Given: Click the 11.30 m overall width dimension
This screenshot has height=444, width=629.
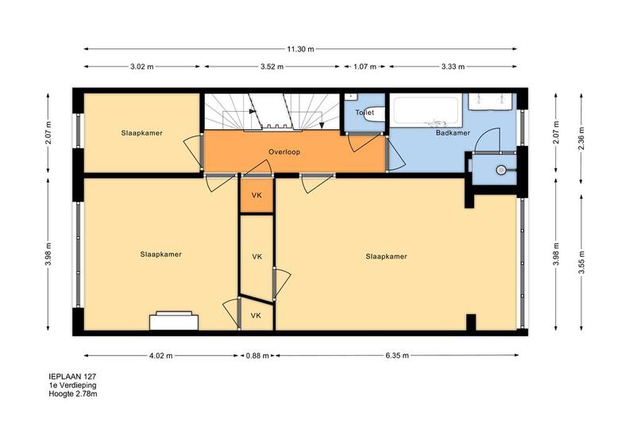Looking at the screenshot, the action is [x=300, y=49].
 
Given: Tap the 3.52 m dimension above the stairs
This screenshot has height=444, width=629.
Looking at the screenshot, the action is [x=272, y=67].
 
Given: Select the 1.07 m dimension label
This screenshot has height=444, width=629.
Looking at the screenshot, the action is [x=365, y=67].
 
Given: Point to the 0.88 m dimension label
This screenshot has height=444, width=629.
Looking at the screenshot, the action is [x=257, y=355].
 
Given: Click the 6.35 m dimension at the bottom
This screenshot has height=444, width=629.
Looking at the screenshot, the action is [x=397, y=355].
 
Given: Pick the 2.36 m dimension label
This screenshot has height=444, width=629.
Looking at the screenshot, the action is [x=581, y=138].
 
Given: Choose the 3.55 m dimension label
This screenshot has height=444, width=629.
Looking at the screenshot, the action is [x=581, y=262].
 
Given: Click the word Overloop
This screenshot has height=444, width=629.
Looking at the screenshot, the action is [x=284, y=152].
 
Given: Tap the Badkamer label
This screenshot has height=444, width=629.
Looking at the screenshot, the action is [x=453, y=133].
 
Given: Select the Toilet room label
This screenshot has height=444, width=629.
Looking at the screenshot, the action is [x=365, y=113].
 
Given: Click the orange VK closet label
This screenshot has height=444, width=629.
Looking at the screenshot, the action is [x=257, y=195].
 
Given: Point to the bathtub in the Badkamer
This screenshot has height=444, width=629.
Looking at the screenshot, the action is [x=426, y=109].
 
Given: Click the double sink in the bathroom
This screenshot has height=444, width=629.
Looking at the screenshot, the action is [x=490, y=101].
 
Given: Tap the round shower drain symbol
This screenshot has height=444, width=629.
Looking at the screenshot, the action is [x=500, y=170].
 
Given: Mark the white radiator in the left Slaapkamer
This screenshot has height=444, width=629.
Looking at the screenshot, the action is [x=174, y=321].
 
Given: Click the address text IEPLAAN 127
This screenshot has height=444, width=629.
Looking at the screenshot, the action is [x=72, y=377].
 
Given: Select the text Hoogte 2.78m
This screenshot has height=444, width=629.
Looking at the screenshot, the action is [x=73, y=394].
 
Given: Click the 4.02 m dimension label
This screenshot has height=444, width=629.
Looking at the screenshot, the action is [x=160, y=355].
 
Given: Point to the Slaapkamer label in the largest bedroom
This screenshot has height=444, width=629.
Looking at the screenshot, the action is [x=386, y=257].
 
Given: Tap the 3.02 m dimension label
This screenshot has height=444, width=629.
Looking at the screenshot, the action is [x=141, y=67].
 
